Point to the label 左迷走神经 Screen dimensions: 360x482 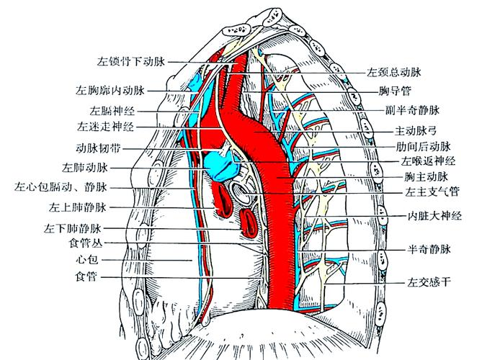tap(105, 127)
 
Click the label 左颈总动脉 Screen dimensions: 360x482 tap(393, 73)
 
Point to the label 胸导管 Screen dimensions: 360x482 tap(395, 92)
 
